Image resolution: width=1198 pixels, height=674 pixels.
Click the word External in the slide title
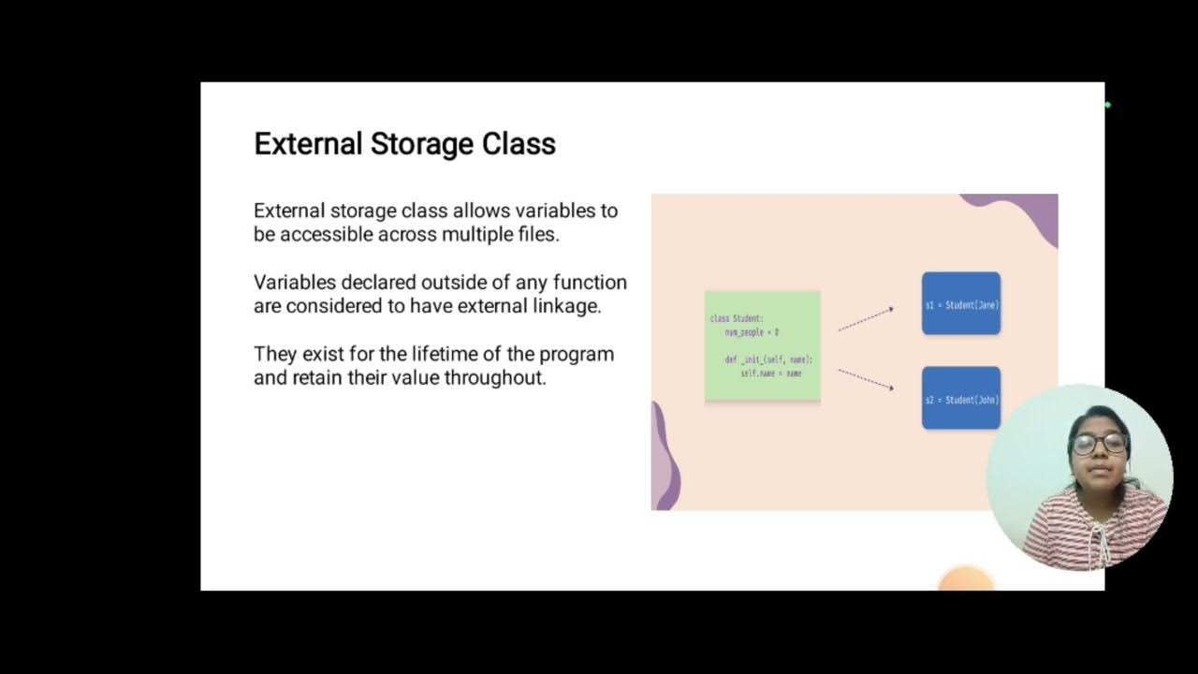tap(308, 144)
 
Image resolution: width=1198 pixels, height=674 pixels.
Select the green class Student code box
tap(762, 346)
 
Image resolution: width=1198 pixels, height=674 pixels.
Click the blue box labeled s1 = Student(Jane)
tap(961, 304)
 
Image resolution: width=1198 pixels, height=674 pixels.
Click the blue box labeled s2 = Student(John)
tap(961, 399)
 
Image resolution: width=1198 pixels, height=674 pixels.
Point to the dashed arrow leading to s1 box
tap(866, 318)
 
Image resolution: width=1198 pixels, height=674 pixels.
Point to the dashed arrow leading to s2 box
tap(866, 379)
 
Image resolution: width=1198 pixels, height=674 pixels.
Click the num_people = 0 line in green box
tap(752, 332)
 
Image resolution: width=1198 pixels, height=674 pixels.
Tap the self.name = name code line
tap(770, 374)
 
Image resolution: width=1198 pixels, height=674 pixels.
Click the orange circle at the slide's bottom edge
tap(965, 579)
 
